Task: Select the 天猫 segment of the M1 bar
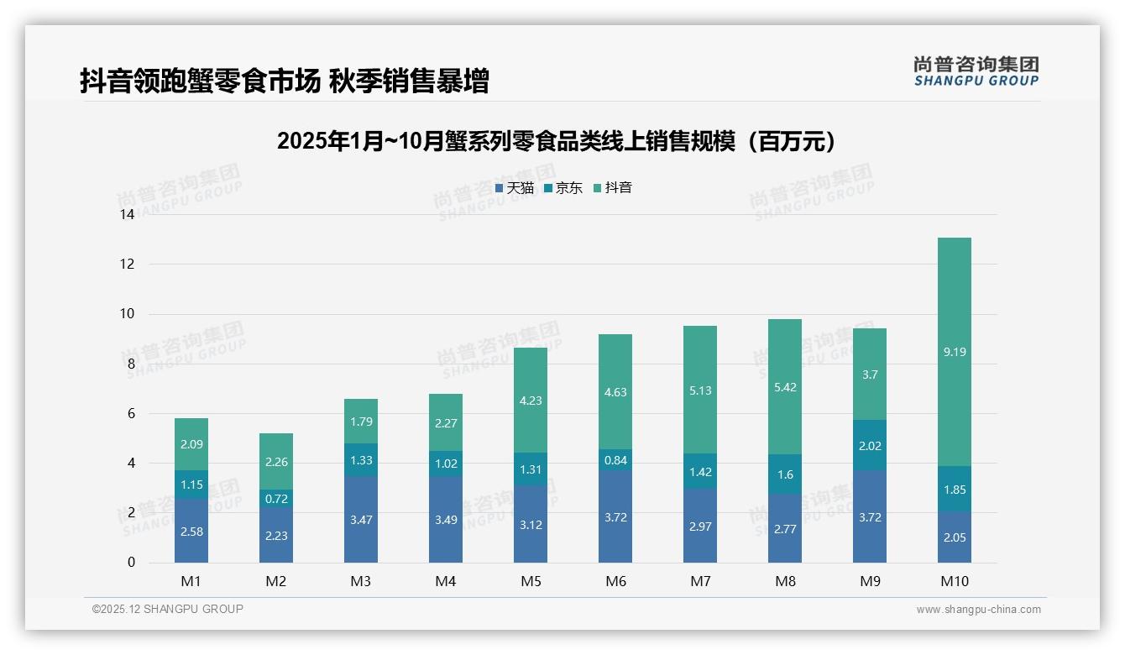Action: click(x=191, y=531)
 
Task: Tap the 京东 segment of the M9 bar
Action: click(x=869, y=446)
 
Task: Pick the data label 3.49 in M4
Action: click(x=446, y=520)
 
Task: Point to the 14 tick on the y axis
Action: click(x=127, y=214)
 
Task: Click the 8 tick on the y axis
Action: click(x=130, y=364)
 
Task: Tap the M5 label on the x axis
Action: click(x=531, y=581)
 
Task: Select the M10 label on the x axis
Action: click(x=954, y=581)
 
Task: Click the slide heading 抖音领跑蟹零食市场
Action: click(x=284, y=81)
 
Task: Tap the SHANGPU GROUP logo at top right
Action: click(x=976, y=71)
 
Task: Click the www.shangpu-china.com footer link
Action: click(x=978, y=610)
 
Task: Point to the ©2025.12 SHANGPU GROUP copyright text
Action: click(x=168, y=610)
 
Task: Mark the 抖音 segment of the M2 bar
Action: click(x=276, y=461)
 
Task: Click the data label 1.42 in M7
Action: click(x=700, y=471)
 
